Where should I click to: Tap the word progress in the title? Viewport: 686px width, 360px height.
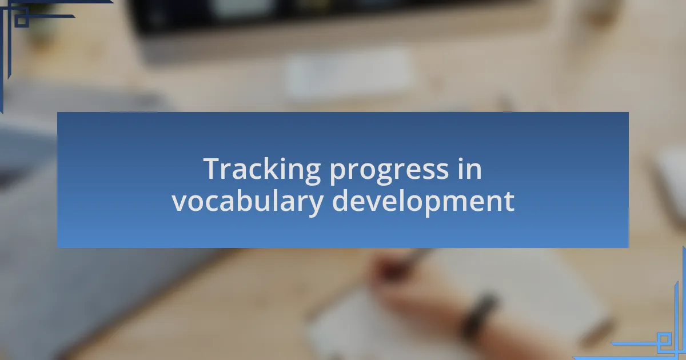coord(389,171)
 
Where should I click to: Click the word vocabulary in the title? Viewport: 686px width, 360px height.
coord(248,202)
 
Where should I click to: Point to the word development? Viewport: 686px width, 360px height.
coord(423,202)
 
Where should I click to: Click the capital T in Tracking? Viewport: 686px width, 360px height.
coord(216,169)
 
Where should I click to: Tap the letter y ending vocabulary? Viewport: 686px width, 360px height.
coord(313,205)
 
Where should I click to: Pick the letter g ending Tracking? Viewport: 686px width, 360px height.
coord(312,174)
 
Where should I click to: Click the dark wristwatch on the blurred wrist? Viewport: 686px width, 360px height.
coord(478,315)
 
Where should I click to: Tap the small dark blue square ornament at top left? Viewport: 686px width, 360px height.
coord(22,19)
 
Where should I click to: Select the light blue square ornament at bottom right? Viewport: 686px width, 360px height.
coord(664,339)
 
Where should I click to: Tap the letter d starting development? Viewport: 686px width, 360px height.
coord(341,200)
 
